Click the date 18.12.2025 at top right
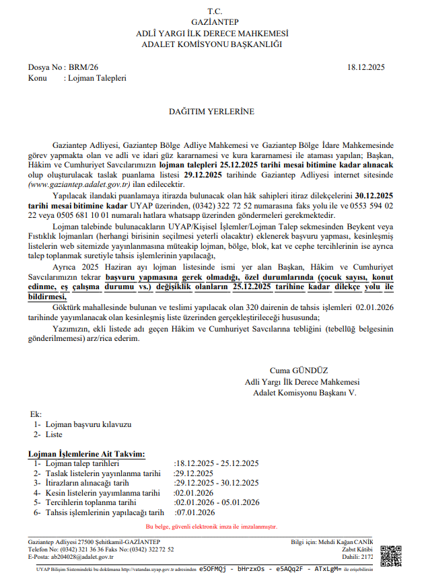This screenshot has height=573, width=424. click(x=366, y=68)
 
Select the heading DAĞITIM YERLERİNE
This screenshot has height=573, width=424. click(x=212, y=111)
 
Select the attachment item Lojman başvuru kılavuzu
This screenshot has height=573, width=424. click(x=88, y=425)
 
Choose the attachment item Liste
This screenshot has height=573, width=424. click(x=55, y=435)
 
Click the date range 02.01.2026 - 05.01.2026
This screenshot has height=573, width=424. click(x=217, y=502)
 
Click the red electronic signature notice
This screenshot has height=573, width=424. click(x=211, y=527)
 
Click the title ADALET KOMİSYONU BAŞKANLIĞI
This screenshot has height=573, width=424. click(x=212, y=44)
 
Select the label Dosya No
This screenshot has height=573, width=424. click(x=45, y=68)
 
